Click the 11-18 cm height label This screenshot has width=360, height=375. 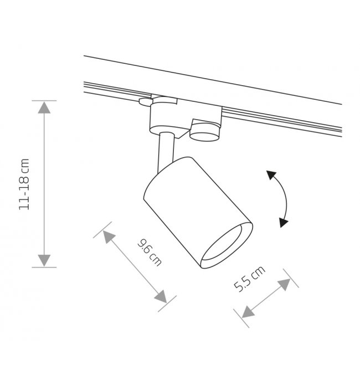24,184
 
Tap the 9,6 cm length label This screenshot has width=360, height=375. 150,253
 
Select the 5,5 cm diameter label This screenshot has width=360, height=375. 249,279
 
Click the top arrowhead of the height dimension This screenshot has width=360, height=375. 44,107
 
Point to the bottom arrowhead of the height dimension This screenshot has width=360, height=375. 44,260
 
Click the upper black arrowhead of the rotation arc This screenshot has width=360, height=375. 271,174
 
